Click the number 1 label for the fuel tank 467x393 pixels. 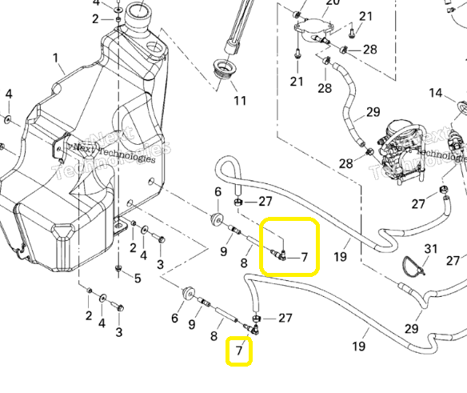56,58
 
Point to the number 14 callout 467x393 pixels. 435,94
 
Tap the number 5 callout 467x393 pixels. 137,279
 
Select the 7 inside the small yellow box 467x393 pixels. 239,351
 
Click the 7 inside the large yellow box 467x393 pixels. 304,258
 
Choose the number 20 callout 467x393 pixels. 333,3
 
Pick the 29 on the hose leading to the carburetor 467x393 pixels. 373,112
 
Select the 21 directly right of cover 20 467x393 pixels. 365,17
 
